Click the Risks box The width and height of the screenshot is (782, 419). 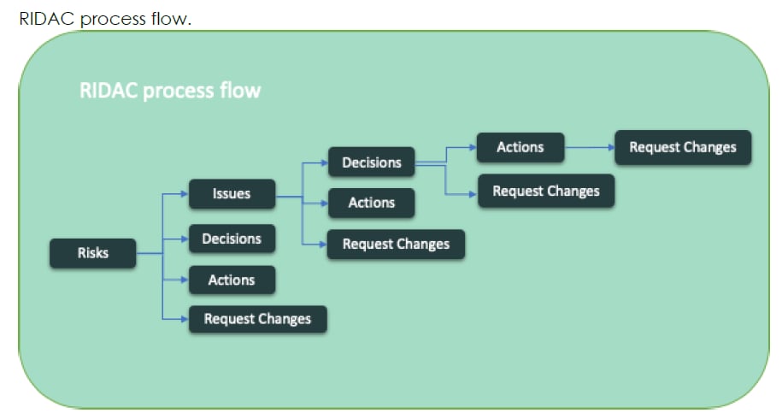click(92, 253)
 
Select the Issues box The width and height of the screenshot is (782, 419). click(232, 194)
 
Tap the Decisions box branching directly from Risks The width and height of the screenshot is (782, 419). click(232, 239)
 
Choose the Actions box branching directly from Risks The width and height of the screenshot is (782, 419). click(232, 280)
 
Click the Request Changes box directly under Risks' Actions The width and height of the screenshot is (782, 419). click(257, 319)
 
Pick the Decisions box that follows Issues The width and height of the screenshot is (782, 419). click(371, 162)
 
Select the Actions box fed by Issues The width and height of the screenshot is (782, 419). click(372, 203)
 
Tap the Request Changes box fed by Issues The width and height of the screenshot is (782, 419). click(396, 244)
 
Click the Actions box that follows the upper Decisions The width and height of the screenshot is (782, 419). click(520, 147)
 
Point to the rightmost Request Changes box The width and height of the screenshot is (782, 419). click(682, 147)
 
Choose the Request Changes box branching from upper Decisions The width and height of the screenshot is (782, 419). click(545, 191)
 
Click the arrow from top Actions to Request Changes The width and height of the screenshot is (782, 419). click(590, 147)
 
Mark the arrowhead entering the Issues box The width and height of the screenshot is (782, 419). click(184, 194)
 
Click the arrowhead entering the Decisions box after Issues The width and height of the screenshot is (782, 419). click(324, 162)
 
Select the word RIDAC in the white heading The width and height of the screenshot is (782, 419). click(109, 91)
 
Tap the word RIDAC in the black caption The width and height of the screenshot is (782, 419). click(47, 19)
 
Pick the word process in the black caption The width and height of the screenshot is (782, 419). click(113, 19)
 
